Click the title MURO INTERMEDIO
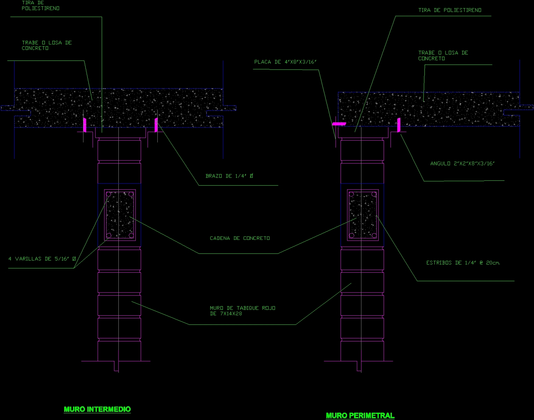tap(97, 409)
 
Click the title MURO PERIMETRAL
tap(360, 415)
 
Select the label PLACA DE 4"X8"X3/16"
tap(285, 62)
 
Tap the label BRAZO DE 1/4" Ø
tap(229, 176)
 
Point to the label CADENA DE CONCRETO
tap(240, 238)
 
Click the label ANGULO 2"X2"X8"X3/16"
tap(462, 163)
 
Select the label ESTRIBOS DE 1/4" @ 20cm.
tap(463, 263)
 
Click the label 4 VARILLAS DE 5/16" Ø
tap(42, 259)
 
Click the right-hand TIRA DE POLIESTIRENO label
tap(450, 10)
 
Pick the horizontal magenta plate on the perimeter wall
tap(339, 124)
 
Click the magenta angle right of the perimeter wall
tap(399, 125)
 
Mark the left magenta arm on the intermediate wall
tap(85, 125)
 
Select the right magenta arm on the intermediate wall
tap(156, 125)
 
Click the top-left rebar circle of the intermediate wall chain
tap(109, 194)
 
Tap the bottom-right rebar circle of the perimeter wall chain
tap(374, 235)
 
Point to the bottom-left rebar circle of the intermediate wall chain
tap(109, 235)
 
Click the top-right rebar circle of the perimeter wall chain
tap(374, 194)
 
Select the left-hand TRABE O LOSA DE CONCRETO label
tap(47, 45)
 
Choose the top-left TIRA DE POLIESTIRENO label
tap(40, 5)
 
